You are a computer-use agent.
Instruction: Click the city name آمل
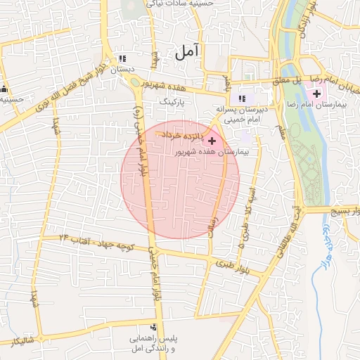pyautogui.click(x=187, y=51)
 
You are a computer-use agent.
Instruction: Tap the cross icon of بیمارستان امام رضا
pyautogui.click(x=316, y=94)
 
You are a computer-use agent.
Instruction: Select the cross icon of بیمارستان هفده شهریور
pyautogui.click(x=212, y=141)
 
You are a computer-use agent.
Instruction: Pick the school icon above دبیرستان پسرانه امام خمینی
pyautogui.click(x=242, y=98)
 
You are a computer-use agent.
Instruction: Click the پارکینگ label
pyautogui.click(x=176, y=102)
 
